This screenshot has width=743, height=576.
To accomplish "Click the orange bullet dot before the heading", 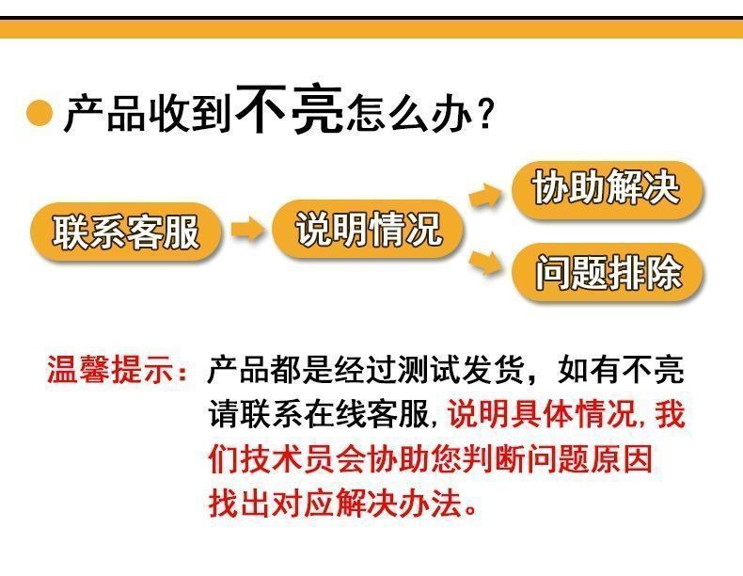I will click(39, 114).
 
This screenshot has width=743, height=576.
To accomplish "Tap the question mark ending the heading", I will click(486, 116).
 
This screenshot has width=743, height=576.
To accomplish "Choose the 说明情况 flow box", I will click(368, 229).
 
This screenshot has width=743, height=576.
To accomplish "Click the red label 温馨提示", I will click(112, 370).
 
